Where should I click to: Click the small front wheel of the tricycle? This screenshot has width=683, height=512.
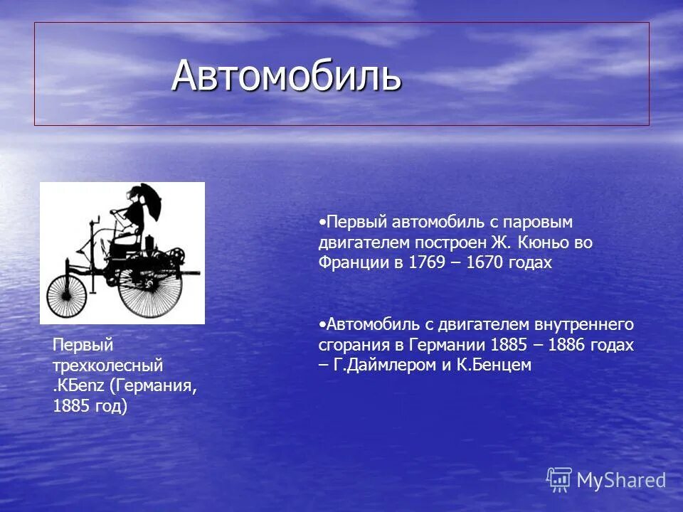point(66,296)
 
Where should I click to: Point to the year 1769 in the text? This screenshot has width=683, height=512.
point(425,262)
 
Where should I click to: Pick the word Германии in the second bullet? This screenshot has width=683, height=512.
point(452,345)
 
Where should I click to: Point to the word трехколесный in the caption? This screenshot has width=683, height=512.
point(107,366)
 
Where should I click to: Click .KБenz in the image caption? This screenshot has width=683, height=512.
point(79,386)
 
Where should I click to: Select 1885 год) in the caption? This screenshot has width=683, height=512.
point(90,407)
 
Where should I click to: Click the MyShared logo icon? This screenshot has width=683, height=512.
point(559,480)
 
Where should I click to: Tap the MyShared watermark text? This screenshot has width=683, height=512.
point(620,481)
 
